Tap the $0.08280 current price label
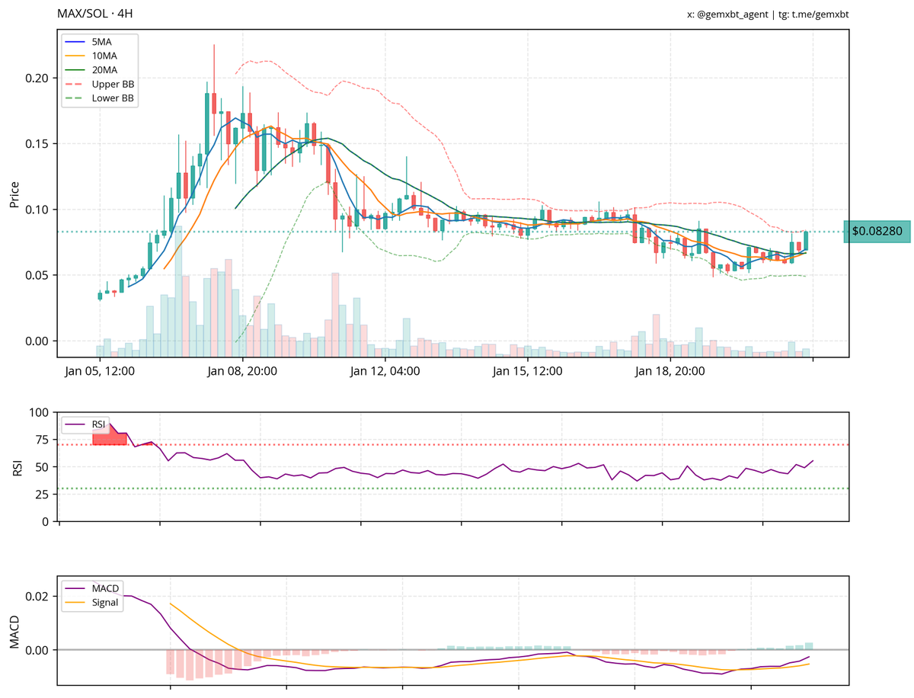click(877, 231)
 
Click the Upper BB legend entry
click(111, 84)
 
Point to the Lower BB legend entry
click(111, 98)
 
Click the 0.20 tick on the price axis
click(37, 78)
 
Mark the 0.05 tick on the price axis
click(37, 275)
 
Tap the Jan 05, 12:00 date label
click(100, 372)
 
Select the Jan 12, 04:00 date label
click(385, 372)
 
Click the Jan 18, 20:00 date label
click(670, 372)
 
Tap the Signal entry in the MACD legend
click(105, 603)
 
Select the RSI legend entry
click(97, 424)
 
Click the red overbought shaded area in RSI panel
click(108, 436)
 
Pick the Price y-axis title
click(14, 194)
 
